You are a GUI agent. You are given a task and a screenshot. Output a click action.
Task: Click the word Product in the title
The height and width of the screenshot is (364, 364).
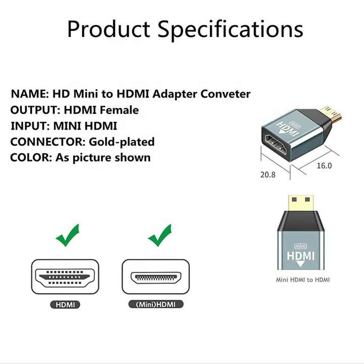pos(109,29)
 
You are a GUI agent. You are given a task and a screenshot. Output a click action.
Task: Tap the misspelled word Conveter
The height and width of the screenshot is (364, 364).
pos(225,94)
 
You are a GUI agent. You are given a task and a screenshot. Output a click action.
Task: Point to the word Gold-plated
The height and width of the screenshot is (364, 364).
pos(122,142)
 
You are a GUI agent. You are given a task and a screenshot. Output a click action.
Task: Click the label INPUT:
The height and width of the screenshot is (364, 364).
pos(30,126)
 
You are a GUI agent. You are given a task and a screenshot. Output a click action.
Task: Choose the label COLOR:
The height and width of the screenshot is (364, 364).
pos(31,158)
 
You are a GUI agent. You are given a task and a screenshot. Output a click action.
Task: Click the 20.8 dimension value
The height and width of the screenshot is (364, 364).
pos(267,174)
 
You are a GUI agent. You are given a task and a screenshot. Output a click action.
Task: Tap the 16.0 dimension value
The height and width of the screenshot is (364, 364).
pos(324,166)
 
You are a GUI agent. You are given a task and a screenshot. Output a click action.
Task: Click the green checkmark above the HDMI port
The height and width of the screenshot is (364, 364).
pos(68,235)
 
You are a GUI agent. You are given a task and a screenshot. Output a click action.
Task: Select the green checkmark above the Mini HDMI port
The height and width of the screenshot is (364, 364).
pos(160,235)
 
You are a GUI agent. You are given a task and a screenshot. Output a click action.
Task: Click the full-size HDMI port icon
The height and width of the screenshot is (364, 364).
pos(65,277)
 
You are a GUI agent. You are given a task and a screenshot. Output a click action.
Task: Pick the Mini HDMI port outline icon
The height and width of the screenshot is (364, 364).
pos(156,277)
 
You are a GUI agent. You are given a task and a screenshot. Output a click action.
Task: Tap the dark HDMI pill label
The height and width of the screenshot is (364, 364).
pos(65,304)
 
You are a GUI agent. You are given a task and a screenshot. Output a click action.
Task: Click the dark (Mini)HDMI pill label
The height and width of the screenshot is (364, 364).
pos(156,304)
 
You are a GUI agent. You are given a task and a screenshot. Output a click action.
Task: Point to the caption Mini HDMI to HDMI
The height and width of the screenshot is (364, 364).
pos(302,280)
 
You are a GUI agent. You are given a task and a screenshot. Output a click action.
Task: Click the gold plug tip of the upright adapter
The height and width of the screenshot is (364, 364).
pos(301,203)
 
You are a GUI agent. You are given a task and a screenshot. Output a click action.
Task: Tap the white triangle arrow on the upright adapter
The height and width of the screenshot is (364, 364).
pos(300,264)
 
